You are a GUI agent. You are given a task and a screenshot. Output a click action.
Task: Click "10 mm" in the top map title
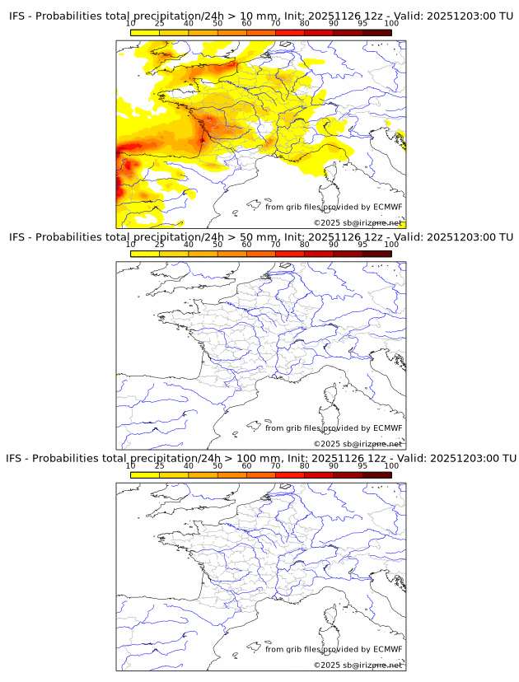pyautogui.click(x=257, y=16)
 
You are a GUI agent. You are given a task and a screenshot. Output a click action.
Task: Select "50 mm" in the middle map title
pyautogui.click(x=257, y=237)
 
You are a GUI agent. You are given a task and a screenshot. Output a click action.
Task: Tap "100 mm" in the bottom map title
pyautogui.click(x=260, y=458)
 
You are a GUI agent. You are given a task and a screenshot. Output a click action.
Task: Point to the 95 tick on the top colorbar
pyautogui.click(x=362, y=24)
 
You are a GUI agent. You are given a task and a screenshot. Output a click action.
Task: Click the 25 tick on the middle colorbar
pyautogui.click(x=160, y=245)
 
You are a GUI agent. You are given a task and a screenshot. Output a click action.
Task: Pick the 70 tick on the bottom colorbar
pyautogui.click(x=275, y=465)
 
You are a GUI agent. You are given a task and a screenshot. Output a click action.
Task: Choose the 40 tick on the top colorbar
pyautogui.click(x=189, y=24)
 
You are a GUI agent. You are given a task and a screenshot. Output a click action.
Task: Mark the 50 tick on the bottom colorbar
pyautogui.click(x=217, y=465)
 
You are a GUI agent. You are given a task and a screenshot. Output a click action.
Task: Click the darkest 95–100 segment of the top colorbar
pyautogui.click(x=376, y=32)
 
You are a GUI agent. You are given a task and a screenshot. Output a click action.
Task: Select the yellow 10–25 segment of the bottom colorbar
pyautogui.click(x=145, y=474)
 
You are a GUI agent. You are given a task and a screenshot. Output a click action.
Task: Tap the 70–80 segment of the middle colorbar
pyautogui.click(x=289, y=253)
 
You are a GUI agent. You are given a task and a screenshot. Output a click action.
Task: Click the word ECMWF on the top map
pyautogui.click(x=387, y=207)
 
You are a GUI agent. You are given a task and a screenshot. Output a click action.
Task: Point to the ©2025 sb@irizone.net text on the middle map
pyautogui.click(x=358, y=444)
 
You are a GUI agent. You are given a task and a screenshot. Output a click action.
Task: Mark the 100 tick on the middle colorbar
pyautogui.click(x=391, y=245)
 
